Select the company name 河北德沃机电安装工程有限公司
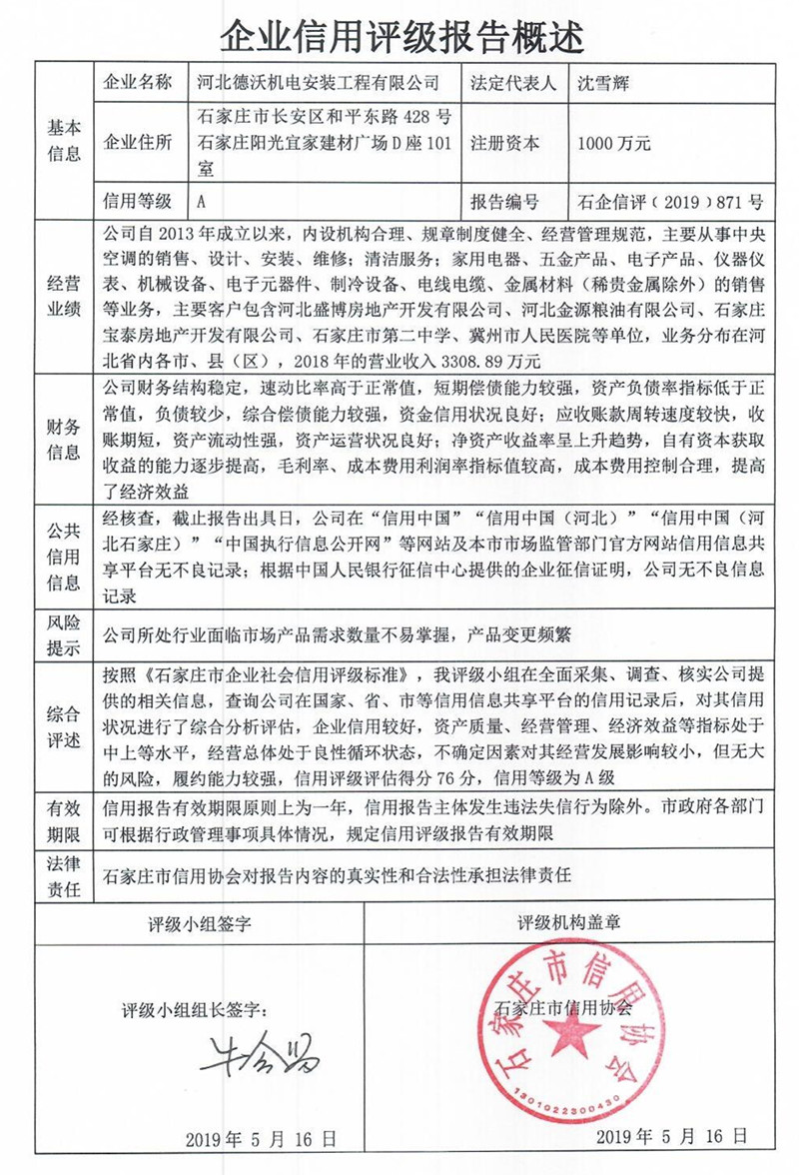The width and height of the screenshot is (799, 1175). coord(320,81)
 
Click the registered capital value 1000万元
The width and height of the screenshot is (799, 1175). coord(614,143)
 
